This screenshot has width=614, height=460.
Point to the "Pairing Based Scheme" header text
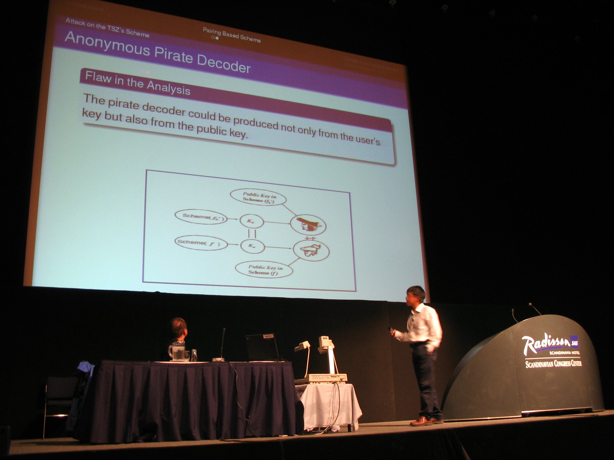point(232,35)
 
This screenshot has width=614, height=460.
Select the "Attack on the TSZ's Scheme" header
point(107,28)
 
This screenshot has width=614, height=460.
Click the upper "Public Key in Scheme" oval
point(258,197)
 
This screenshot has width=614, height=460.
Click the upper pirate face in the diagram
point(308,224)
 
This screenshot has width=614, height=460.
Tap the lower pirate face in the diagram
point(311,251)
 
